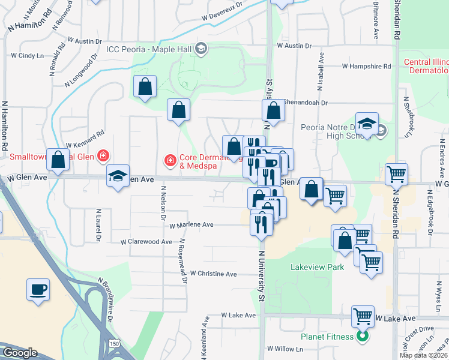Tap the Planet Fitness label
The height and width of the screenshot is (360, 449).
(x=327, y=337)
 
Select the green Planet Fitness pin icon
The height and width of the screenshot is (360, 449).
(x=362, y=337)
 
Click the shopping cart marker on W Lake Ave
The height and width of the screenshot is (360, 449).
(x=362, y=316)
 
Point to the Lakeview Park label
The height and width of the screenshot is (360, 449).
(x=317, y=266)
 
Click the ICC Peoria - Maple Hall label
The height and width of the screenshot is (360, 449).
(x=150, y=49)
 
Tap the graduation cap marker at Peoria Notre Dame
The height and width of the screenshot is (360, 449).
(x=366, y=124)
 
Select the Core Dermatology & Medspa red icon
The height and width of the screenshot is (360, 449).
(x=170, y=160)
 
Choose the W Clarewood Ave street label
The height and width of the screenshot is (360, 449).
(x=146, y=242)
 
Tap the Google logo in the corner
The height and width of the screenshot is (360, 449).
(x=20, y=353)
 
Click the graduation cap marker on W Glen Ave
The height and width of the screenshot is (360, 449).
(x=118, y=175)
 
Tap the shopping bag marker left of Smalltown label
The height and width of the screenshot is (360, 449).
(x=58, y=160)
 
